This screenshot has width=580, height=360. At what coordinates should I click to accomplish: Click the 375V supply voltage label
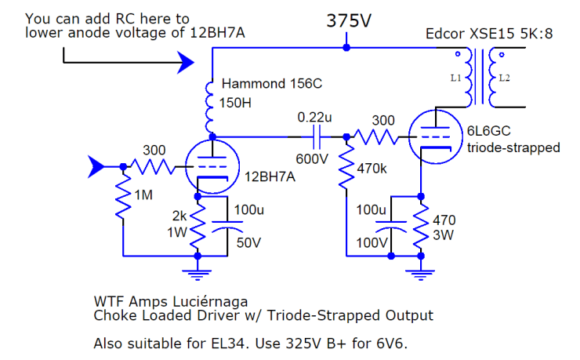point(349,21)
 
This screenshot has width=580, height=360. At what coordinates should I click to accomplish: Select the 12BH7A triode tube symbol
point(212,167)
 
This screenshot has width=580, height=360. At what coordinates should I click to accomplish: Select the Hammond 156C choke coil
point(211,106)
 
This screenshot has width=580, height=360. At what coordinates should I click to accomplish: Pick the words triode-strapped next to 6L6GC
point(513,148)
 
